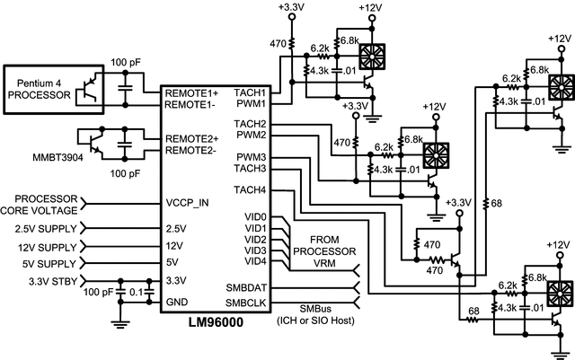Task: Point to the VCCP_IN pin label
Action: coord(188,203)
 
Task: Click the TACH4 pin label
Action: coord(250,189)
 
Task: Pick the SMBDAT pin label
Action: coord(246,287)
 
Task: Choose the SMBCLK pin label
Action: coord(246,303)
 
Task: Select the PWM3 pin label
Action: coord(251,157)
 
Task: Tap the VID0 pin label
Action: coord(254,217)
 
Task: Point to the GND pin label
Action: coord(176,303)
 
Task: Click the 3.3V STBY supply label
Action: coord(40,282)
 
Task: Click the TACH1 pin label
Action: coord(250,92)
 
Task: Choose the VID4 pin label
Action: coord(254,261)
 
